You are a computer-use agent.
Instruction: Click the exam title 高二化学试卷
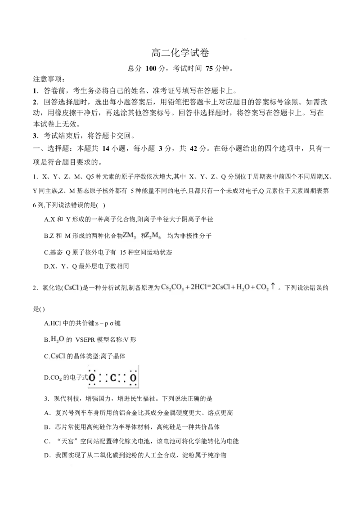(x=180, y=53)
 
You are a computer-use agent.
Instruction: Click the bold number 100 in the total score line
(x=151, y=68)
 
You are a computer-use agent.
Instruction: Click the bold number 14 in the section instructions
(x=106, y=149)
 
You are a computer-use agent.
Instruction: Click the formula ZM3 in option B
(x=129, y=235)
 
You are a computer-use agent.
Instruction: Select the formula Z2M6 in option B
(x=153, y=235)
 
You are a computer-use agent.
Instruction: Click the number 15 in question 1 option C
(x=122, y=252)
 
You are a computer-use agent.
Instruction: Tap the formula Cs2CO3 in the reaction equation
(x=172, y=287)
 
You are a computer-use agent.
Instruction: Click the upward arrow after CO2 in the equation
(x=273, y=286)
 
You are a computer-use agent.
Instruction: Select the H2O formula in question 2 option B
(x=58, y=339)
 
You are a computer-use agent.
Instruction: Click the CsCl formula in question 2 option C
(x=58, y=356)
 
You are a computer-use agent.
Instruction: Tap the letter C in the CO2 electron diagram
(x=113, y=378)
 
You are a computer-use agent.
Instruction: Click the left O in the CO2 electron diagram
(x=92, y=378)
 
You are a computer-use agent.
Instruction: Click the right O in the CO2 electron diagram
(x=133, y=378)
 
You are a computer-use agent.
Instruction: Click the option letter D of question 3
(x=46, y=455)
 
